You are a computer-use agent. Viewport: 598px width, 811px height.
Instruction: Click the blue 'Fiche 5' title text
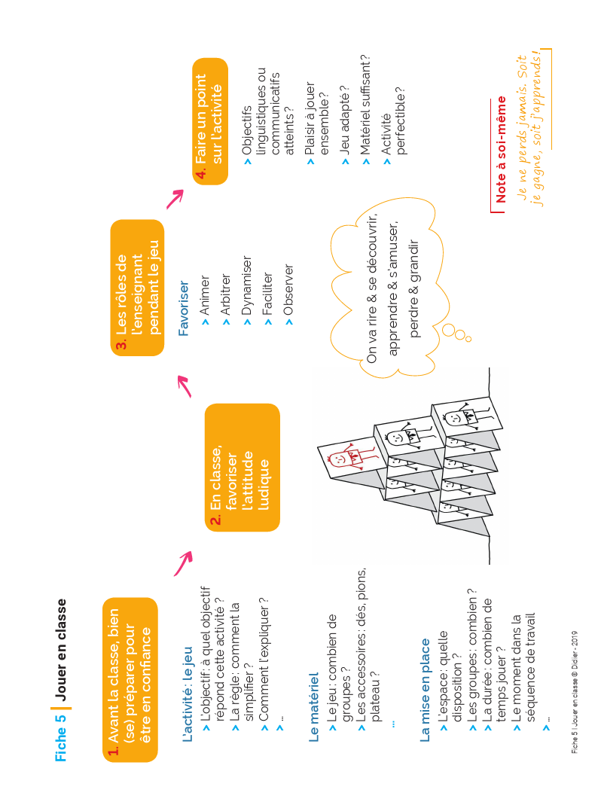61,737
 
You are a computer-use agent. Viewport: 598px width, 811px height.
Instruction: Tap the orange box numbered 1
130,680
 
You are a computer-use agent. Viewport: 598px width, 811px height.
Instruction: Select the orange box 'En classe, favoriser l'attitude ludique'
242,468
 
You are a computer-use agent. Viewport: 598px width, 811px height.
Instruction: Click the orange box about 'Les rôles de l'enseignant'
137,288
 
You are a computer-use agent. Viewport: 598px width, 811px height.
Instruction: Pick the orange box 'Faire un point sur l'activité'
210,121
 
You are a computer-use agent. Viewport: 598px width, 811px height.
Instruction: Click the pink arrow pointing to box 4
175,199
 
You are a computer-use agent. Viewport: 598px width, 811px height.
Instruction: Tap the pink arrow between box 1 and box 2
183,563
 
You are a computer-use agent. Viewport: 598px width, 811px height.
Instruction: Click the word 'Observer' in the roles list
288,290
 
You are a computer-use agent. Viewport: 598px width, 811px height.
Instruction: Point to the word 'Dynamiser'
246,285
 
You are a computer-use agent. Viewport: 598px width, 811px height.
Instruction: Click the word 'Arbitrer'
225,294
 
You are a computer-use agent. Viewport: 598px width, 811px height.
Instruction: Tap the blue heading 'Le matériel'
313,707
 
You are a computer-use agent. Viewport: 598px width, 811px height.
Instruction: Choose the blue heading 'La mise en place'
425,691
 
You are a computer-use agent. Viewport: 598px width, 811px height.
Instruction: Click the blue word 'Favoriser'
184,308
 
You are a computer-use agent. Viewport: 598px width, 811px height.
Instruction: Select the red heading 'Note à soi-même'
500,150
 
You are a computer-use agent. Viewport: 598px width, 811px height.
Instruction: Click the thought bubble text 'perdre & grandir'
413,288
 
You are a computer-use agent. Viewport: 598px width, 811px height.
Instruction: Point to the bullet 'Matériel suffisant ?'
365,105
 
